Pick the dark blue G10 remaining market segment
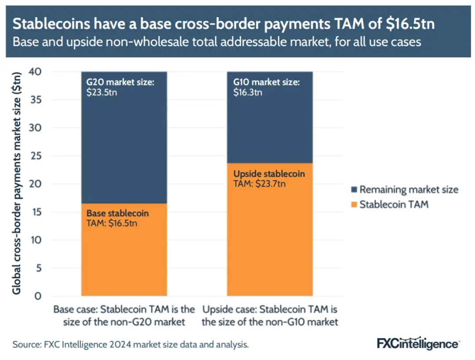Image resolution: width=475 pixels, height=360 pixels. tap(270, 128)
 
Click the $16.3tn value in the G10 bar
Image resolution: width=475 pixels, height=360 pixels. tap(248, 92)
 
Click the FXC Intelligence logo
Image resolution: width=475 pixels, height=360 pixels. tap(418, 343)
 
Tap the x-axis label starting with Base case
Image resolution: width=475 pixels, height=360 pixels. tap(124, 315)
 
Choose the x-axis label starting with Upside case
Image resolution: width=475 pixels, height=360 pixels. tap(270, 315)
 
